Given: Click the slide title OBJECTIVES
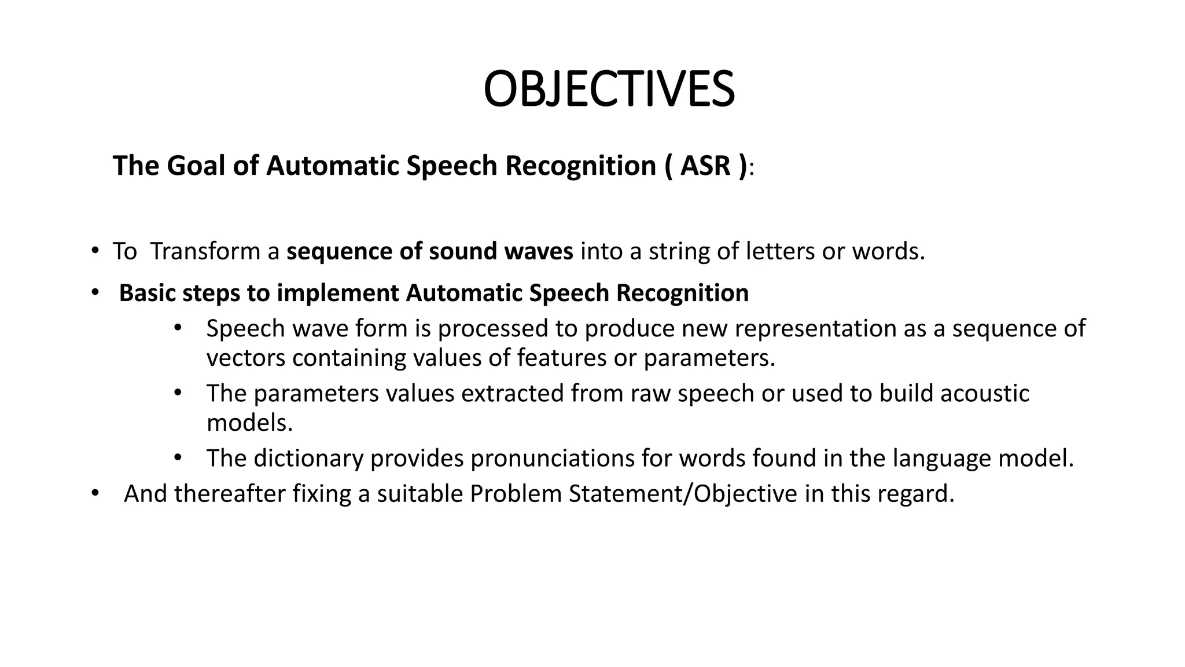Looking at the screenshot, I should (609, 90).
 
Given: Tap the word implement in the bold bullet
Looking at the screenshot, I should (338, 293).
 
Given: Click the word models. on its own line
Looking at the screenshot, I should (249, 423).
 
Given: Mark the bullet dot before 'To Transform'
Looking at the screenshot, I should (94, 251).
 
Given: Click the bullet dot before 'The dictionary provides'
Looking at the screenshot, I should (178, 458).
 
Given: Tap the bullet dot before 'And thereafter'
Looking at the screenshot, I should (94, 493).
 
